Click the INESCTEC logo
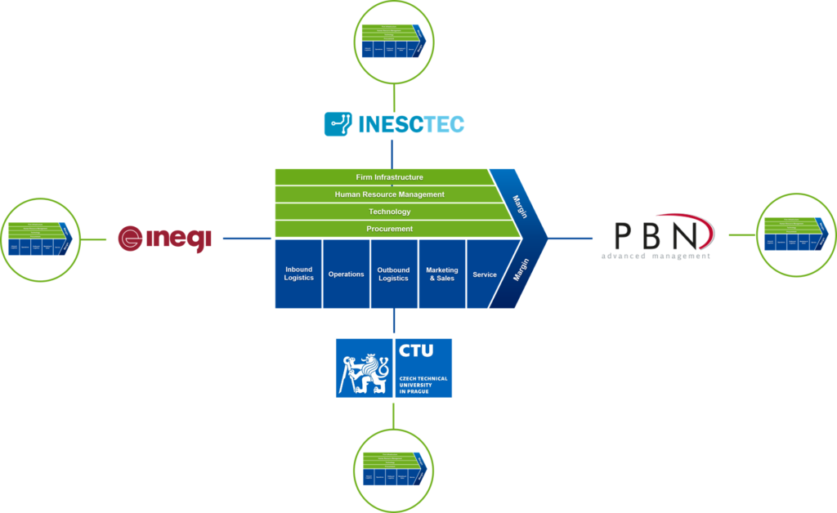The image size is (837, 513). [394, 124]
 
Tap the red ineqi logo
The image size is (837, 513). [165, 239]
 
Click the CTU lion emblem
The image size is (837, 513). [364, 368]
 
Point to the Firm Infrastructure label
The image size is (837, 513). [389, 177]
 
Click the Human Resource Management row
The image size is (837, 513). [389, 194]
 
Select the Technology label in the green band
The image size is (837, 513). [389, 212]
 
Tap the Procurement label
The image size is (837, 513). [389, 229]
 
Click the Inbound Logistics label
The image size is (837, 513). [298, 274]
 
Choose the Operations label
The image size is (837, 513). [346, 274]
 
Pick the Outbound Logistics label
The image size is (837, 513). [393, 274]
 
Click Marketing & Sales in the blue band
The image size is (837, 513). [442, 274]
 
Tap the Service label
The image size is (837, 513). [485, 274]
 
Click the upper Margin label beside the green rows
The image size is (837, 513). [520, 207]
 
